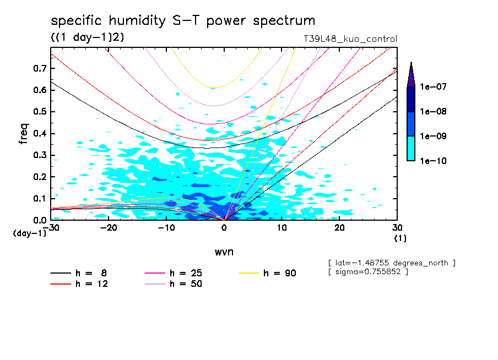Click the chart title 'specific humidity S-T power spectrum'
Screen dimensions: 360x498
click(x=183, y=21)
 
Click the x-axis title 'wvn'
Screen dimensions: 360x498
click(x=223, y=252)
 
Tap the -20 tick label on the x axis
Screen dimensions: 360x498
click(x=109, y=227)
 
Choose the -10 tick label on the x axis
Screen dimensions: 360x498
click(x=166, y=227)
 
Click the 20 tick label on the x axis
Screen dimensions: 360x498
click(x=339, y=227)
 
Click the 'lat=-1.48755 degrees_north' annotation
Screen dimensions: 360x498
click(x=392, y=263)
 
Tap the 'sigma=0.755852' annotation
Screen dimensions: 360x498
click(x=368, y=272)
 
